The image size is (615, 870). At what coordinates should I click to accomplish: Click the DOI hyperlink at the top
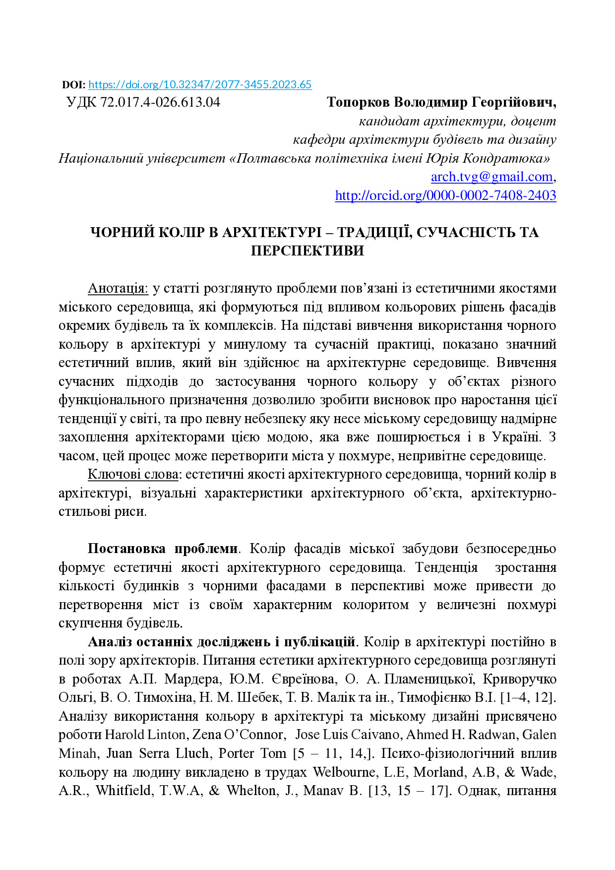click(x=200, y=85)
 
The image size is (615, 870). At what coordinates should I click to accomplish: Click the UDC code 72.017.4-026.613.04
click(x=160, y=103)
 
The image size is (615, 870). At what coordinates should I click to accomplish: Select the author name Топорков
click(x=358, y=103)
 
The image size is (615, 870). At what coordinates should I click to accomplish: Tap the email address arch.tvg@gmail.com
click(x=492, y=177)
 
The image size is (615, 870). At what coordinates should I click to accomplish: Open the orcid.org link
click(x=445, y=196)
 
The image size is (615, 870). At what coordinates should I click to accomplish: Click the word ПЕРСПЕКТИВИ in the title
click(x=307, y=251)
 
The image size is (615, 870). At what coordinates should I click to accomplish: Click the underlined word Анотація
click(x=118, y=289)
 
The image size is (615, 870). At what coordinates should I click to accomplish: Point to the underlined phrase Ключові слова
click(x=133, y=475)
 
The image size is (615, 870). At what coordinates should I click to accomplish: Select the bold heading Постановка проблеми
click(x=163, y=549)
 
